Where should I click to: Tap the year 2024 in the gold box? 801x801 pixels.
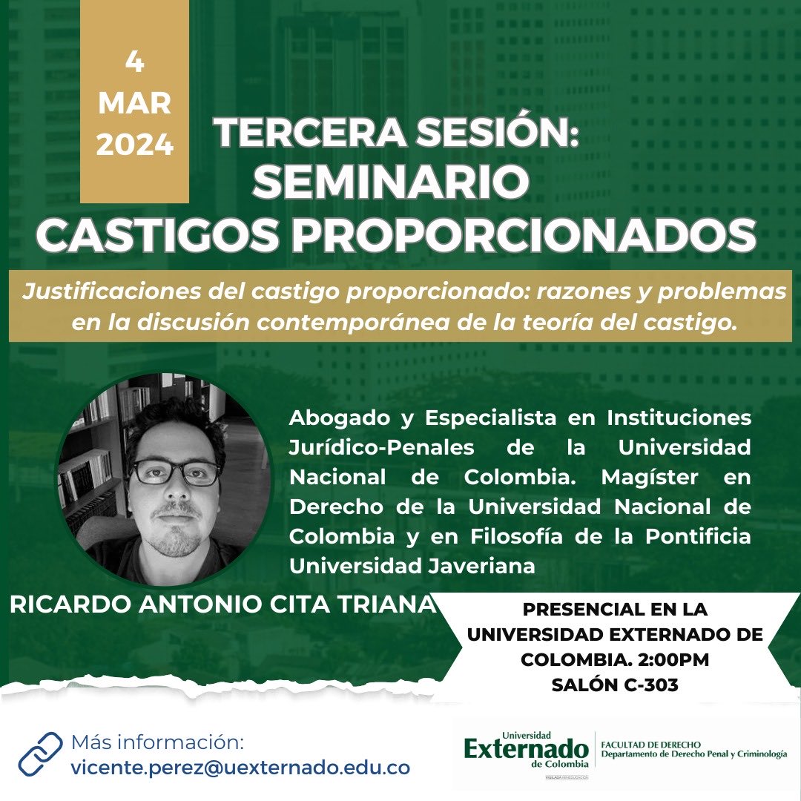pyautogui.click(x=134, y=144)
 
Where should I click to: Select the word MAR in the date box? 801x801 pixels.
pyautogui.click(x=134, y=103)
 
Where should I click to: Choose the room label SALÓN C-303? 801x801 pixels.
pyautogui.click(x=614, y=685)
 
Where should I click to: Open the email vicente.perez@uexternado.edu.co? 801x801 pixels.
pyautogui.click(x=240, y=768)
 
